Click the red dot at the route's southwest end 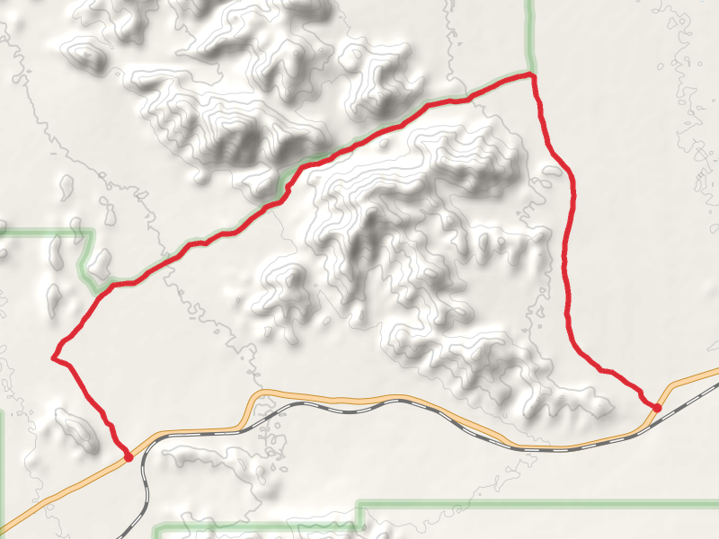click(129, 457)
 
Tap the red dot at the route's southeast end click(657, 408)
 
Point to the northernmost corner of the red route click(533, 75)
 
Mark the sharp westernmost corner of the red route click(55, 358)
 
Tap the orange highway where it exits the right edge click(715, 370)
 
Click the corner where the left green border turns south click(93, 232)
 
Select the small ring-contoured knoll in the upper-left click(87, 56)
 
